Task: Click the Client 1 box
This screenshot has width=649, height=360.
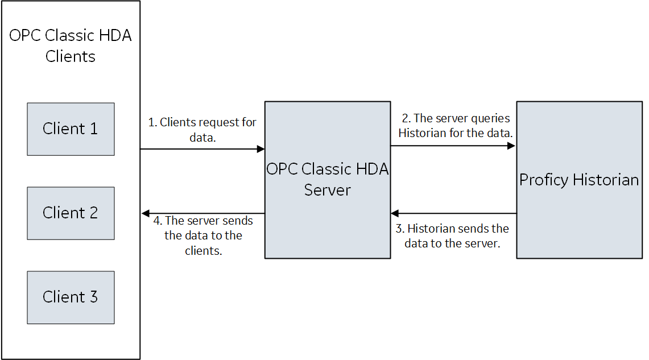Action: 71,129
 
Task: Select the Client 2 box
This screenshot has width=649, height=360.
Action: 71,213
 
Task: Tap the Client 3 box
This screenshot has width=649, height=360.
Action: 71,297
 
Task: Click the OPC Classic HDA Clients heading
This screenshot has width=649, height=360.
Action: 71,45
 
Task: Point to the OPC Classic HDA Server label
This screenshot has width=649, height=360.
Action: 328,179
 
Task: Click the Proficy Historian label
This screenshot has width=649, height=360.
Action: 579,180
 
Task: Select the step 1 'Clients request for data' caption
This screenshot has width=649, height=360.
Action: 202,130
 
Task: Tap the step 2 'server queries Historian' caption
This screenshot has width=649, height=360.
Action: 455,125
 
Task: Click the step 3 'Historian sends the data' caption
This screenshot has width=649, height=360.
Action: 452,236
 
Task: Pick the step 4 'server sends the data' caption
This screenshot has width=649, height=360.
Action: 203,235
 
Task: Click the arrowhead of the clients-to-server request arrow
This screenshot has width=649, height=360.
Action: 261,149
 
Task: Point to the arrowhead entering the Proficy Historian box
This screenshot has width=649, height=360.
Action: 511,146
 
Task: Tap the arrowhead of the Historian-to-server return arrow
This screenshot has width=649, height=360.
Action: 395,213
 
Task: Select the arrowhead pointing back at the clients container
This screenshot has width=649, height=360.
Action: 146,213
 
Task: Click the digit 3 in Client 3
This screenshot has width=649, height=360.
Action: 93,297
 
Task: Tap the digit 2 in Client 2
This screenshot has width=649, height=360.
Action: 93,213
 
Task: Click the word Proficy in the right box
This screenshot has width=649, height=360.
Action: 544,180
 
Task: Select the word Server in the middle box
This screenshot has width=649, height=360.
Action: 328,190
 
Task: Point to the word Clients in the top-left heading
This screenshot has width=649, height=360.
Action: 71,56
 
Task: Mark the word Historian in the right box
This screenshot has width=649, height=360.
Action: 606,180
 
